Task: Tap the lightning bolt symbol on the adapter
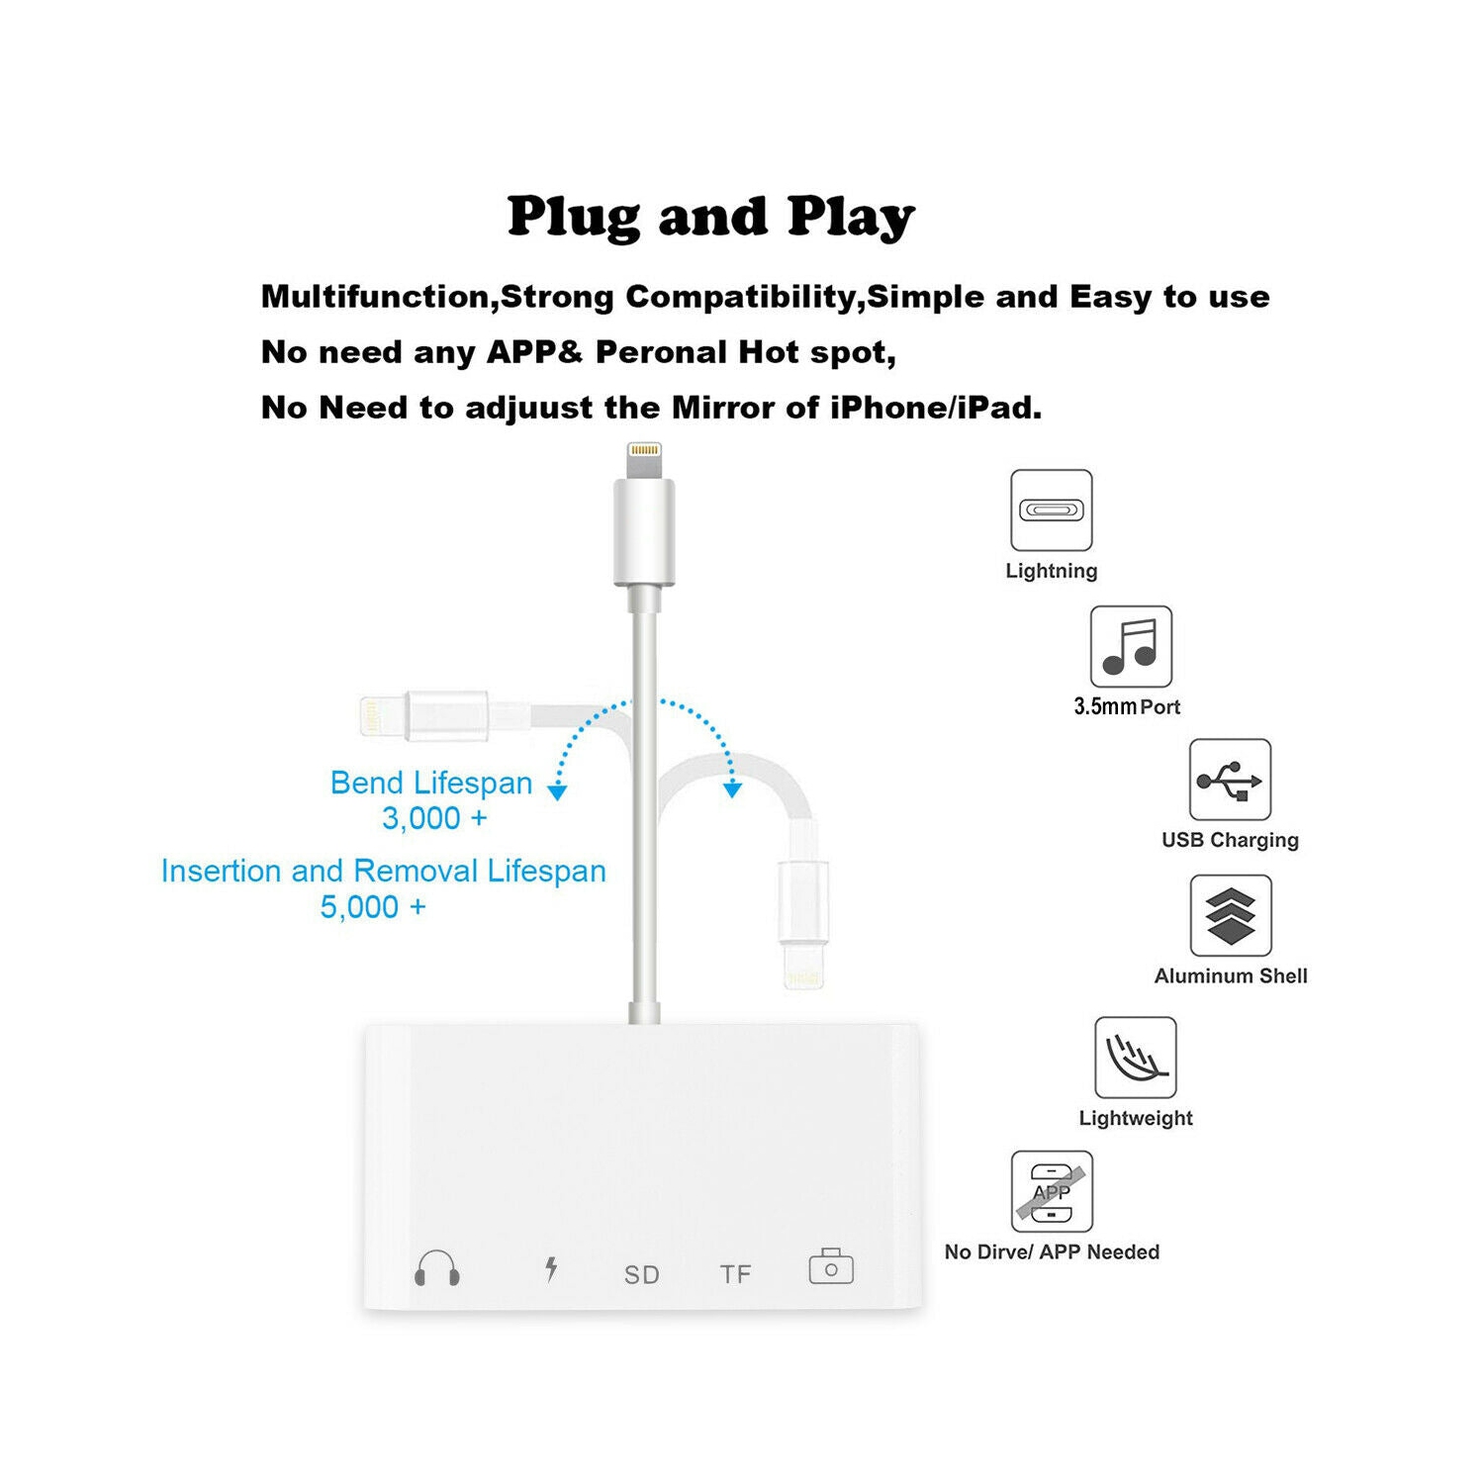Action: tap(551, 1268)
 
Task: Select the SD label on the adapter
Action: tap(641, 1275)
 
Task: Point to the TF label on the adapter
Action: tap(735, 1274)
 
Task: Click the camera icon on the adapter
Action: tap(831, 1266)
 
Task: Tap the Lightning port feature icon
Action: tap(1051, 510)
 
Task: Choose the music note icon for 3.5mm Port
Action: tap(1131, 647)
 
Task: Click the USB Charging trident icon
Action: tap(1230, 780)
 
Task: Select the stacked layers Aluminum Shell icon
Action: tap(1230, 915)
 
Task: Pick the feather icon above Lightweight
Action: tap(1135, 1058)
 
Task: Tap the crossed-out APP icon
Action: tap(1052, 1191)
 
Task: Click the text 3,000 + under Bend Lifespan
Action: tap(434, 818)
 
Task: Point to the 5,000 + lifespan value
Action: tap(373, 906)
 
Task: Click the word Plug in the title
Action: tap(573, 218)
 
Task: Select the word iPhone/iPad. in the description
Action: tap(935, 408)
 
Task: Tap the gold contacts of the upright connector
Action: tap(644, 451)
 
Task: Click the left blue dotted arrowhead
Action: tap(558, 792)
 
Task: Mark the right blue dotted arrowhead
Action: tap(732, 789)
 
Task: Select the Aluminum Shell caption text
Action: tap(1231, 976)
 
